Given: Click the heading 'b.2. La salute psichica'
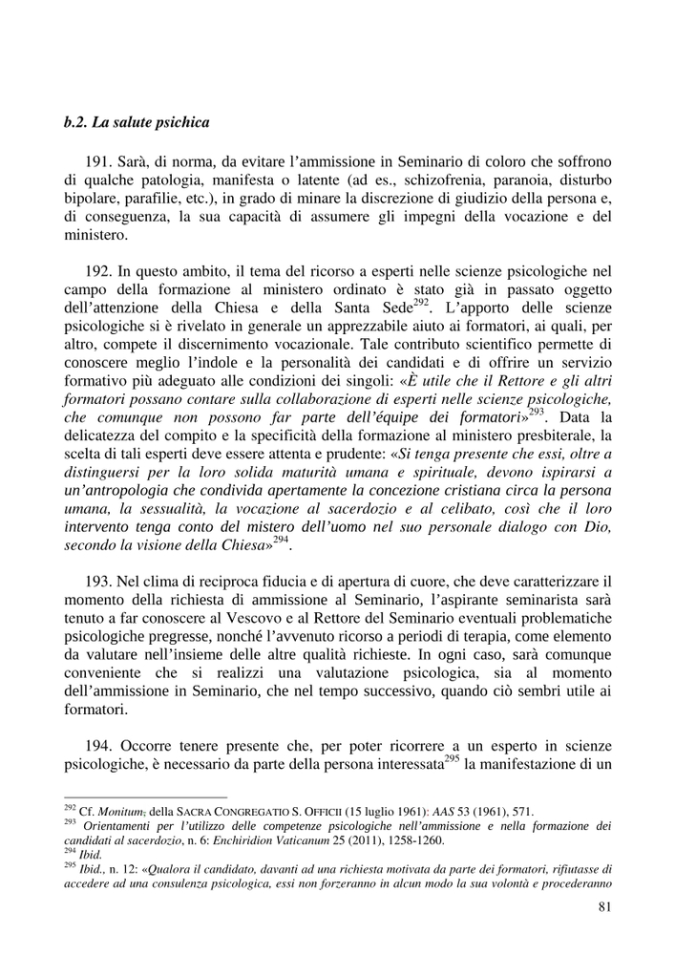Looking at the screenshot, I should pos(137,123).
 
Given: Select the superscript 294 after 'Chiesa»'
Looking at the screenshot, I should pos(280,541).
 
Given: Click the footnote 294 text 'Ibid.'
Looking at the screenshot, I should pos(92,856).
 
